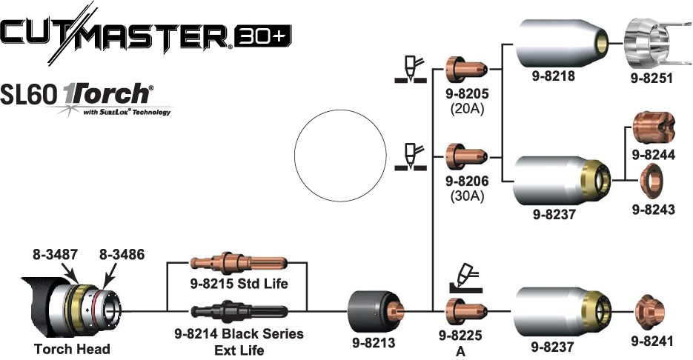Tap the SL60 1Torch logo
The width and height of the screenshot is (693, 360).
tap(89, 98)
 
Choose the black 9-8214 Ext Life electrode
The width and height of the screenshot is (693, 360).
tap(236, 310)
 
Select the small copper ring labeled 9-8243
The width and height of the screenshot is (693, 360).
tap(652, 180)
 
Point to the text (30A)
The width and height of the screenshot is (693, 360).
tap(465, 196)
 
